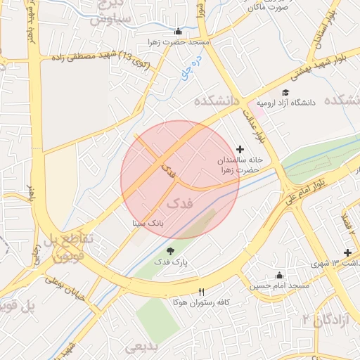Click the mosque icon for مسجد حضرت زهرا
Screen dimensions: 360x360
tap(178, 31)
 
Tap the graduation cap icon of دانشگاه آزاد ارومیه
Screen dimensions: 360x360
tap(285, 93)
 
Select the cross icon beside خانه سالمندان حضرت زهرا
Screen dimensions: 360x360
tap(241, 149)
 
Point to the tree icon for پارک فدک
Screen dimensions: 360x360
tap(169, 251)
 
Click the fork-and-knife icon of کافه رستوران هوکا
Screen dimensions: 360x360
tap(202, 292)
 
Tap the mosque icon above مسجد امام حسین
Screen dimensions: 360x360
tap(280, 275)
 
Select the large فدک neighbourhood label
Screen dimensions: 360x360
tap(180, 203)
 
